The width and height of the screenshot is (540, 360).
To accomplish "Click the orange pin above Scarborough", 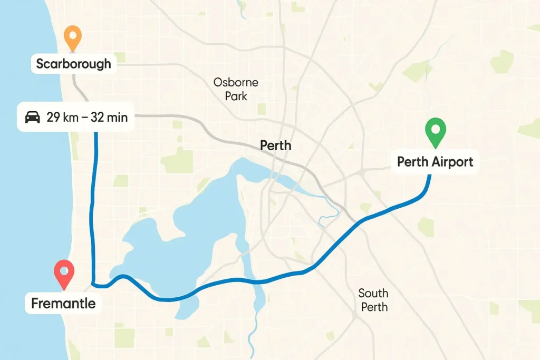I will coord(72,38).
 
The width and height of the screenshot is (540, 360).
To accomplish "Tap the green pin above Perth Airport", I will coord(436,132).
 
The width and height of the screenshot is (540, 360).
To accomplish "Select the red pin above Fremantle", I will coord(64,274).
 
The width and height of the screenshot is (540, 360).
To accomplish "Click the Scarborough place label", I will coord(74,64).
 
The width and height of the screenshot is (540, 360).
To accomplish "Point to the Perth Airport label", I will coord(435,161).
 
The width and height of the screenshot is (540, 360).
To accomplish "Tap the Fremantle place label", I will coord(63,304).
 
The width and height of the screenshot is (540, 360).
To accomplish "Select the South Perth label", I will coord(373,300).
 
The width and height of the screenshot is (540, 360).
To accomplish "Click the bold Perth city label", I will coord(275,145).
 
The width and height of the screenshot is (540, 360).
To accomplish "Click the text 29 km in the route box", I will coord(62,117).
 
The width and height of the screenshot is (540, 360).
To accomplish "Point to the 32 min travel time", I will coord(109,117).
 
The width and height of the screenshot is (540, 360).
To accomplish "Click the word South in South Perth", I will coord(373,293).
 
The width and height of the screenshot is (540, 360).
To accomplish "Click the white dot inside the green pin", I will coord(436,128).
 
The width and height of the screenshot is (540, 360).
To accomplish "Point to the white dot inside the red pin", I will coord(64,270).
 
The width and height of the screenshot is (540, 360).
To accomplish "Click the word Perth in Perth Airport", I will coord(413,161).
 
